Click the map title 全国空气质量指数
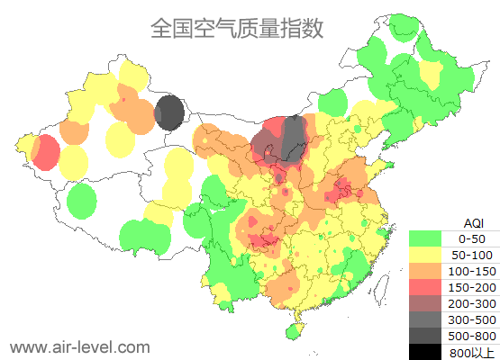(237, 28)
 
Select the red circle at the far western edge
(44, 152)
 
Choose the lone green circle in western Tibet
(82, 201)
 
